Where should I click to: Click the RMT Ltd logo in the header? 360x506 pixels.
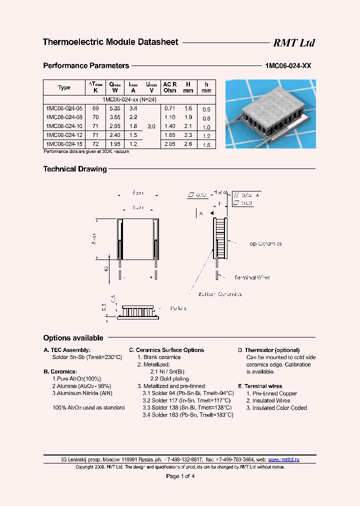(293, 43)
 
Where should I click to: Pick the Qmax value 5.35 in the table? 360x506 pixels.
(115, 108)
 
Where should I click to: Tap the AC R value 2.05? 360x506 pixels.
(169, 144)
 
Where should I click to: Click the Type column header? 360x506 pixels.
(64, 87)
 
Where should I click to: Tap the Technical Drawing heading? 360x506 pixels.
(75, 169)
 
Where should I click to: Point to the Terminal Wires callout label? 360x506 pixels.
(252, 277)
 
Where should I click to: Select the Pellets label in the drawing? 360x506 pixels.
(178, 308)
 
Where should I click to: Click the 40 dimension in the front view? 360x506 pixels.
(106, 269)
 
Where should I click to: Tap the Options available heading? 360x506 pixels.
(73, 338)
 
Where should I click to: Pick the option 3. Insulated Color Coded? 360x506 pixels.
(276, 408)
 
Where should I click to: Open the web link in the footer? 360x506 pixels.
(283, 459)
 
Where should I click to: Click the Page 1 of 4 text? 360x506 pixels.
(180, 476)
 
